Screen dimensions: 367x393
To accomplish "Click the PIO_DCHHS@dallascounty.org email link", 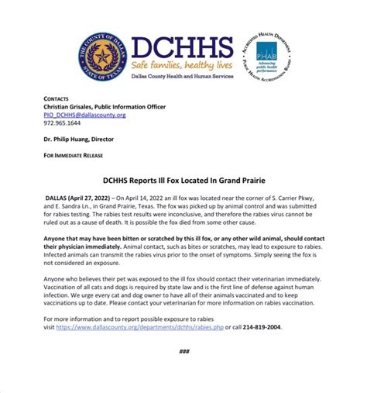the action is pyautogui.click(x=84, y=115).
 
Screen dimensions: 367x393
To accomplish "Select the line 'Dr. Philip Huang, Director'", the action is pyautogui.click(x=85, y=140).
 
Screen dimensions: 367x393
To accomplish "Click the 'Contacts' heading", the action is pyautogui.click(x=56, y=99).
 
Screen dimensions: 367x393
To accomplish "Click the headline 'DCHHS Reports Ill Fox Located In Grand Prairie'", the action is pyautogui.click(x=183, y=178).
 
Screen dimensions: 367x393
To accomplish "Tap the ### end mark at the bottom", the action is pyautogui.click(x=183, y=351).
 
